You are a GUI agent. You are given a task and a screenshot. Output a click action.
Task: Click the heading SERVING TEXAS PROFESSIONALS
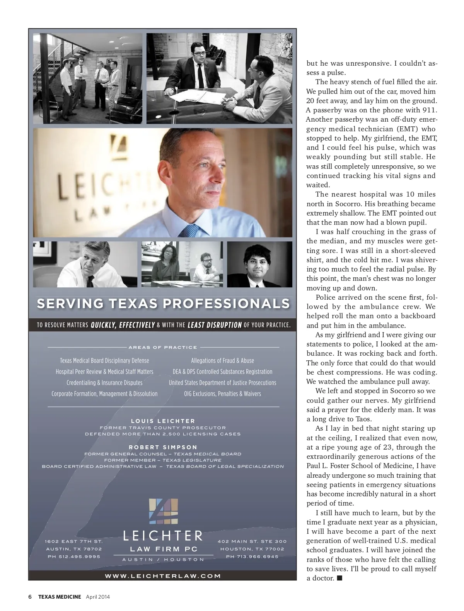163,304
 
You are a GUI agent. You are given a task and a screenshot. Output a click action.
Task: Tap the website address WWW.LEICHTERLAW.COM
163,575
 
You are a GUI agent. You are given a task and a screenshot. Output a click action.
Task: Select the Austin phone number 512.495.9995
73,557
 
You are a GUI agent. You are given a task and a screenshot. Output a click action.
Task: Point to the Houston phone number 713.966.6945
252,557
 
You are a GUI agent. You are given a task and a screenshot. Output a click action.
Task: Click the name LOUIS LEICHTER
163,421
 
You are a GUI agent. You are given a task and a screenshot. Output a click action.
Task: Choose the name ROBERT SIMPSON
163,447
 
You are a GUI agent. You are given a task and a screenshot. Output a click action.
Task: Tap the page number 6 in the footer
30,597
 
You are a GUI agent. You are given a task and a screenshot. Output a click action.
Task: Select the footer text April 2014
98,597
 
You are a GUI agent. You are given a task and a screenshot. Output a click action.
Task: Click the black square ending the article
339,578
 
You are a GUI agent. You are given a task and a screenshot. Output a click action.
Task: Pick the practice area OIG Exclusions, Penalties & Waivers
222,394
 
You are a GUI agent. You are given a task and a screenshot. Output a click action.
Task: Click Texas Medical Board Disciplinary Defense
104,361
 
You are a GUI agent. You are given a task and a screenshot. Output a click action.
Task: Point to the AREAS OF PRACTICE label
163,347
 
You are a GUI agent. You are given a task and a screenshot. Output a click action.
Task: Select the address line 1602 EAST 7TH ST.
73,541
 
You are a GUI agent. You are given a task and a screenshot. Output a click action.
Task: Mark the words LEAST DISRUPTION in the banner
215,325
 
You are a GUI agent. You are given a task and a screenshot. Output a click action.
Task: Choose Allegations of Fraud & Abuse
222,361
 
